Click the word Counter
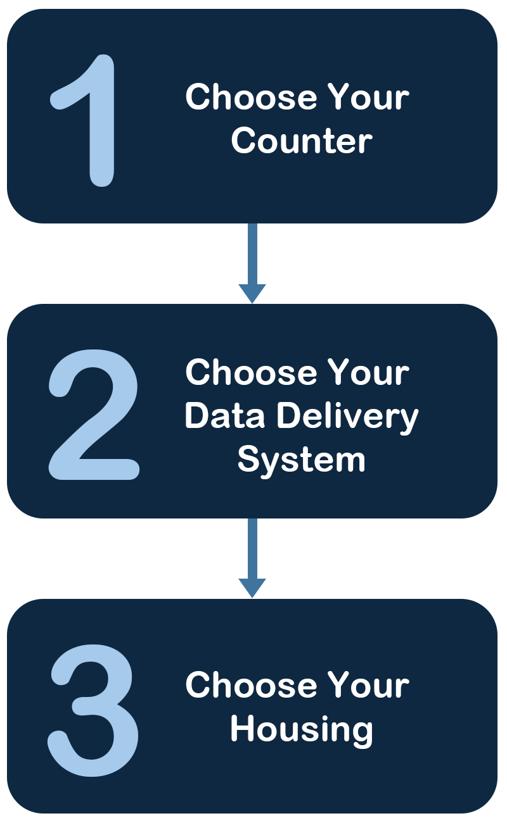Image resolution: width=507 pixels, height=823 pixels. pyautogui.click(x=301, y=141)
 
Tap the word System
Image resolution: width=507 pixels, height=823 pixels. pyautogui.click(x=301, y=460)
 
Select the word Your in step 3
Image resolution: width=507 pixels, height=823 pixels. pyautogui.click(x=369, y=685)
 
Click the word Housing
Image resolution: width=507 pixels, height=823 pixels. pyautogui.click(x=301, y=730)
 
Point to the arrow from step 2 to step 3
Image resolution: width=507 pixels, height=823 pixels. pyautogui.click(x=252, y=556)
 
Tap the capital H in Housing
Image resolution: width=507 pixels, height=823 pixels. pyautogui.click(x=241, y=729)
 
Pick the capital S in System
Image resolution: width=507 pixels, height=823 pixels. pyautogui.click(x=248, y=459)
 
